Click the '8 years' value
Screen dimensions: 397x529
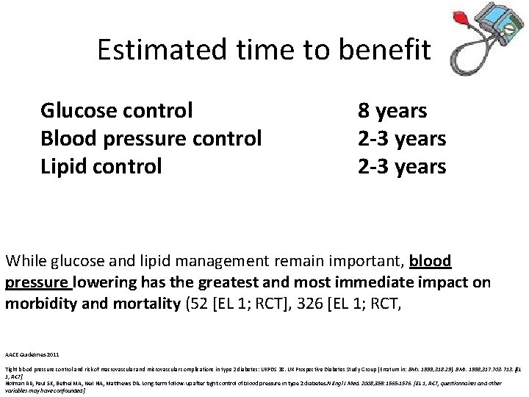[392, 111]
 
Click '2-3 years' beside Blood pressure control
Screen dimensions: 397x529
[402, 138]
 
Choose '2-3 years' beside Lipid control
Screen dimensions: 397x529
[402, 166]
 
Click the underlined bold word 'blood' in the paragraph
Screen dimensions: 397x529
[431, 261]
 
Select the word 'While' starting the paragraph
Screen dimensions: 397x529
[25, 261]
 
